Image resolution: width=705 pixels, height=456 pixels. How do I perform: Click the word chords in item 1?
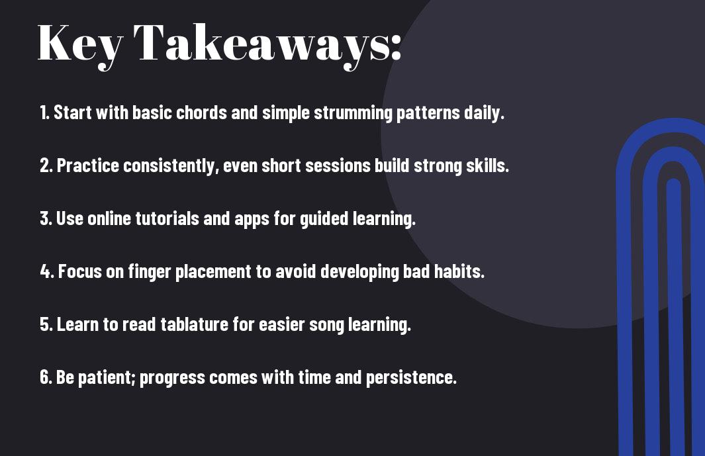tap(201, 113)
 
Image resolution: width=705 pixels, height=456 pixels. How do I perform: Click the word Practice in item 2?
tap(87, 165)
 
